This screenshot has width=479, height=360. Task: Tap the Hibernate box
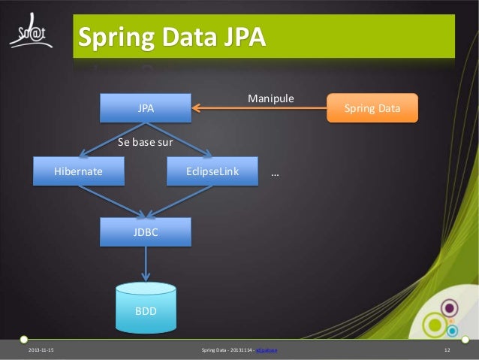pyautogui.click(x=78, y=172)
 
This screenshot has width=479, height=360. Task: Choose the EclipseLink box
pyautogui.click(x=212, y=172)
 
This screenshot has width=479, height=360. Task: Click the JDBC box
pyautogui.click(x=146, y=232)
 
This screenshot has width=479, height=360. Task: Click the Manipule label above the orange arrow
pyautogui.click(x=270, y=98)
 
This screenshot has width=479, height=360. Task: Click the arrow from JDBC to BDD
pyautogui.click(x=146, y=264)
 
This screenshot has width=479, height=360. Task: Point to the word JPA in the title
pyautogui.click(x=242, y=37)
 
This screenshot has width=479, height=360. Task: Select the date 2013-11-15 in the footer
pyautogui.click(x=41, y=351)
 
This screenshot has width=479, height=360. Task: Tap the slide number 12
pyautogui.click(x=447, y=351)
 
